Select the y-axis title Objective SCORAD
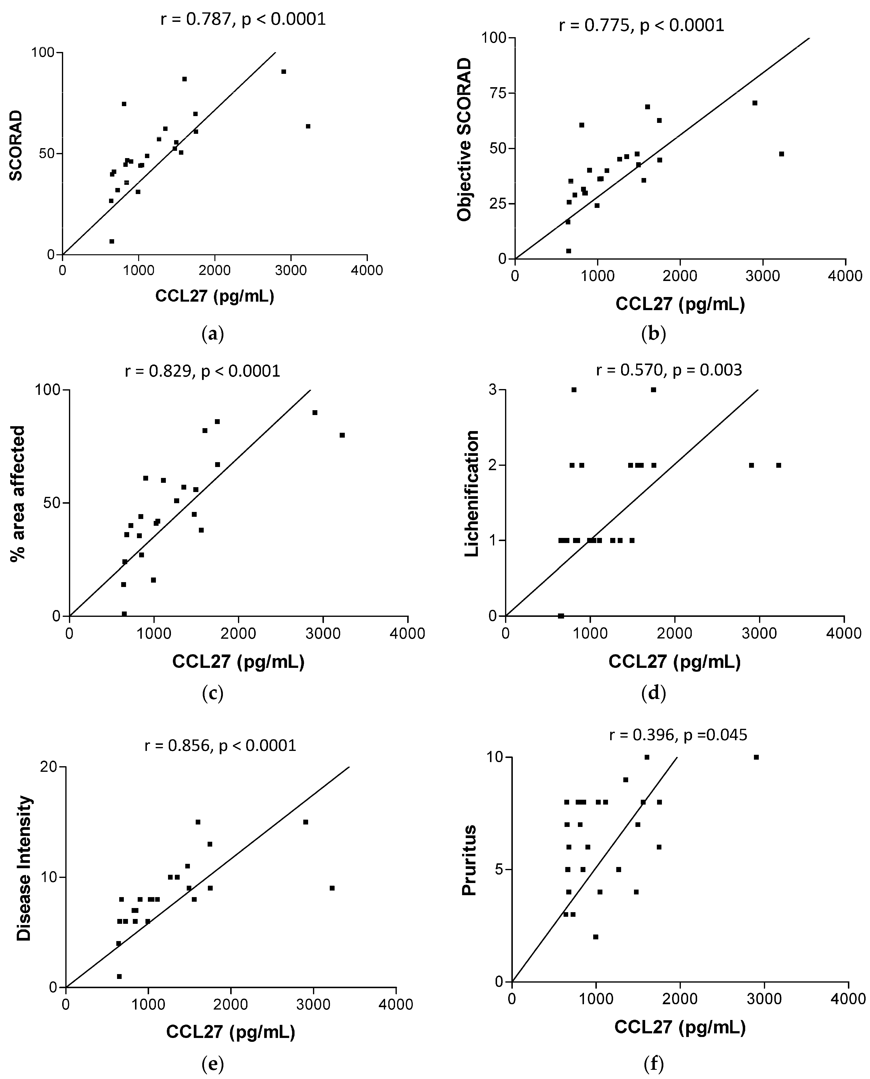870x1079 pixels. pos(464,139)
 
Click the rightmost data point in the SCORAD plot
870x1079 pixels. pos(308,126)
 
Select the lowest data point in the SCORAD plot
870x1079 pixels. pos(112,242)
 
